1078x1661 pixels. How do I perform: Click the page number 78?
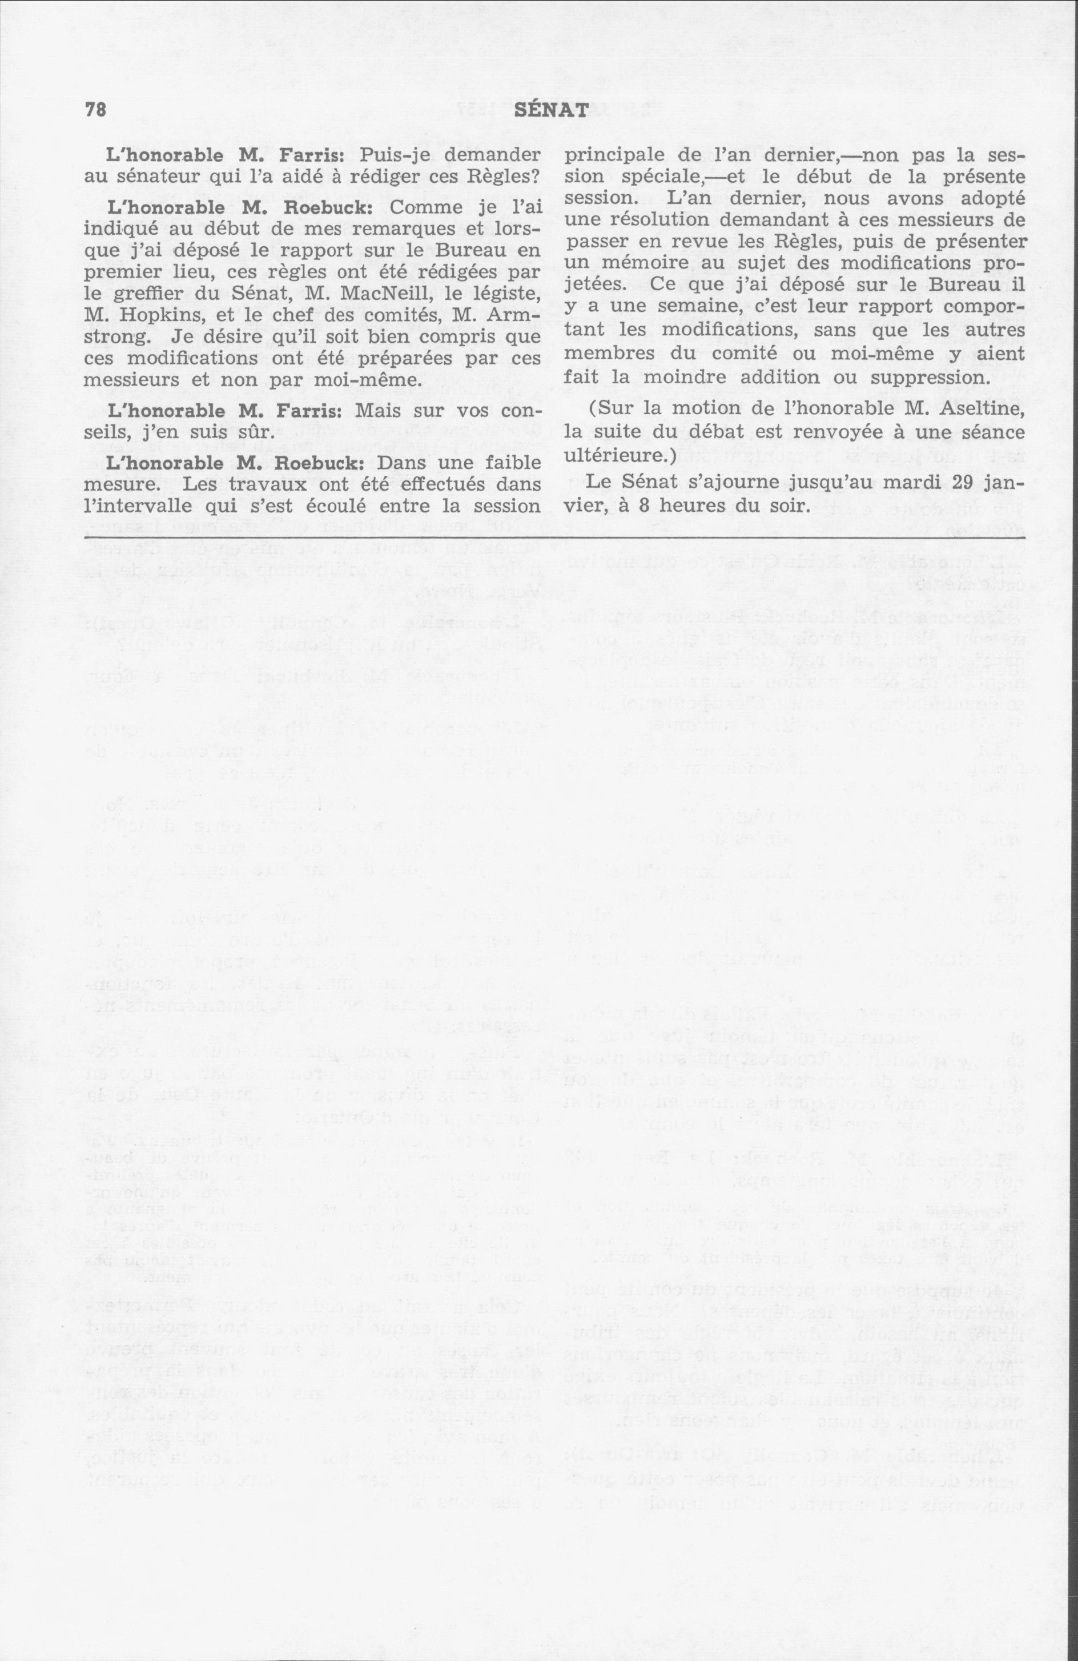click(x=95, y=110)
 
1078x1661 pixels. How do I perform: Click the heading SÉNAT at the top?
click(x=549, y=110)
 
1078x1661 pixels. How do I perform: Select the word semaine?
click(x=679, y=308)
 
